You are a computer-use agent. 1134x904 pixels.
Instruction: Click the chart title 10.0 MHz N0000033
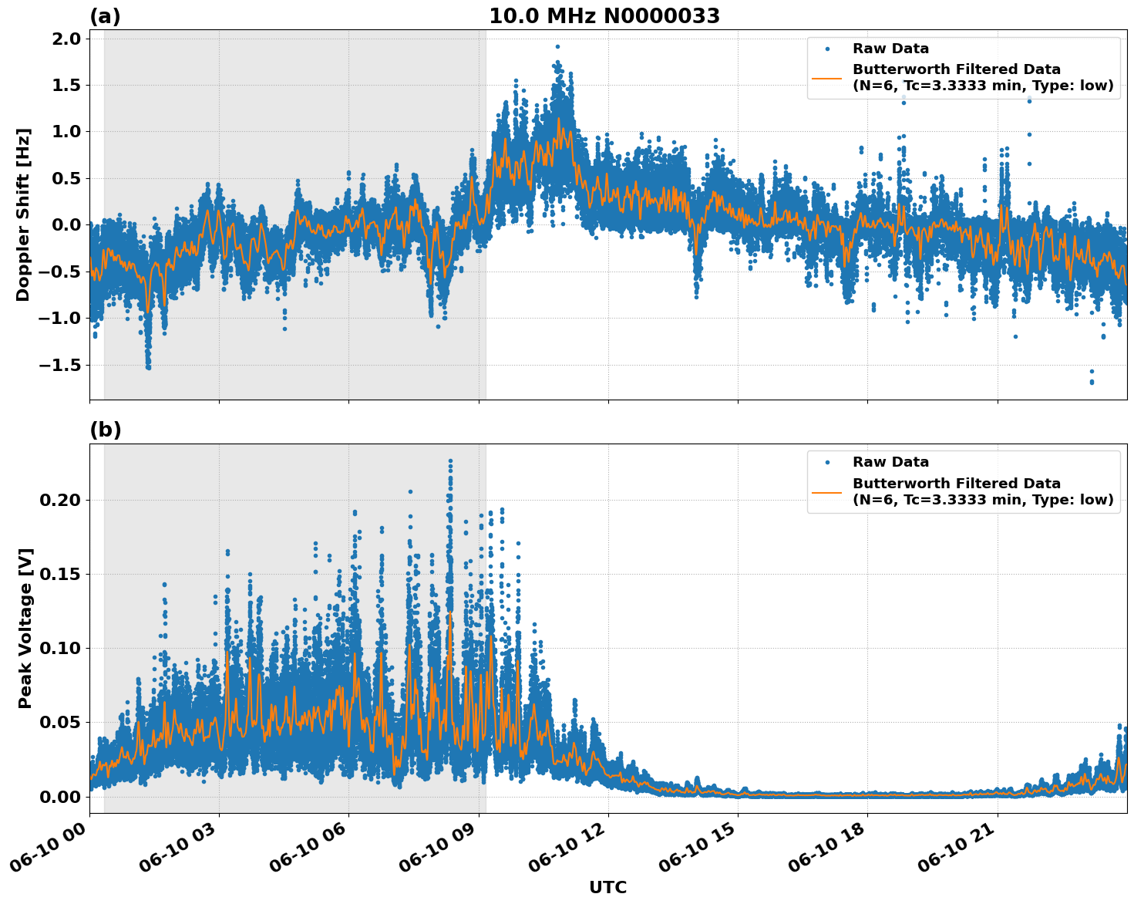[x=604, y=16]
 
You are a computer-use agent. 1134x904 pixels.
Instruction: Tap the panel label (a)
[x=105, y=16]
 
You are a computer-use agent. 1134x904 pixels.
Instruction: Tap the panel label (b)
[x=105, y=430]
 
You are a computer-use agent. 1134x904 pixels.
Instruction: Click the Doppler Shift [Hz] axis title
[x=23, y=214]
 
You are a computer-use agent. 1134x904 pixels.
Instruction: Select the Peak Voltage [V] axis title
[x=25, y=645]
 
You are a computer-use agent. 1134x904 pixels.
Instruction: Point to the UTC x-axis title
[x=607, y=887]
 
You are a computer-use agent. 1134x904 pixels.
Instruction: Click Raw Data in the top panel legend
[x=890, y=49]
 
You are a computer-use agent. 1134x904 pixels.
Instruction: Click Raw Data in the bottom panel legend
[x=890, y=462]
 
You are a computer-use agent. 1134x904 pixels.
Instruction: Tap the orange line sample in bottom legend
[x=827, y=491]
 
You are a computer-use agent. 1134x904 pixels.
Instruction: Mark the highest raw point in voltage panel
[x=450, y=461]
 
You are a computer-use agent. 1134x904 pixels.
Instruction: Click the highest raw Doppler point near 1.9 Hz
[x=557, y=46]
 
